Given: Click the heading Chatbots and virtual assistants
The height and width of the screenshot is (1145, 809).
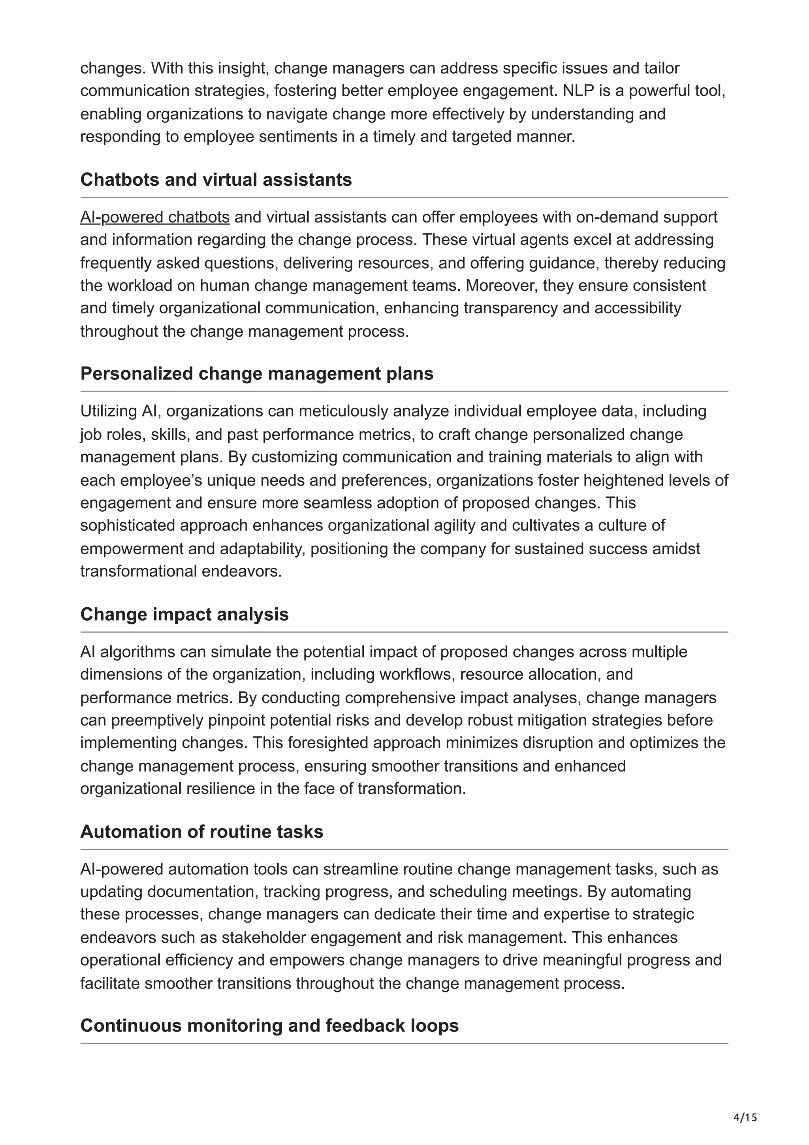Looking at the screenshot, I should coord(216,179).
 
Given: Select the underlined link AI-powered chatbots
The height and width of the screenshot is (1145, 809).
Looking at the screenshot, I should coord(154,217).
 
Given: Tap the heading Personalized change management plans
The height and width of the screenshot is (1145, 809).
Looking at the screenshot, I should coord(257,373).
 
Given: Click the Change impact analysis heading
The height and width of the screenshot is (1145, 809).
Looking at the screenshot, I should coord(184,614).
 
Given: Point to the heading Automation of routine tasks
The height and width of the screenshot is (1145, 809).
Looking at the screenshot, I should coord(201,832).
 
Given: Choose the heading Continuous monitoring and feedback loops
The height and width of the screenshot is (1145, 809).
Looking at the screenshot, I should coord(269,1025).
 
